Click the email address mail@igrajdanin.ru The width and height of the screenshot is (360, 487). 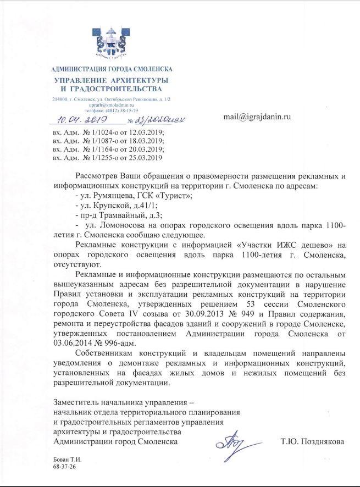coord(257,117)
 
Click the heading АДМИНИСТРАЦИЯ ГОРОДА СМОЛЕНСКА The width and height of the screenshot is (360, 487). coord(112,69)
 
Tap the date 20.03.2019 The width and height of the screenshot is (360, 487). coord(147,150)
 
